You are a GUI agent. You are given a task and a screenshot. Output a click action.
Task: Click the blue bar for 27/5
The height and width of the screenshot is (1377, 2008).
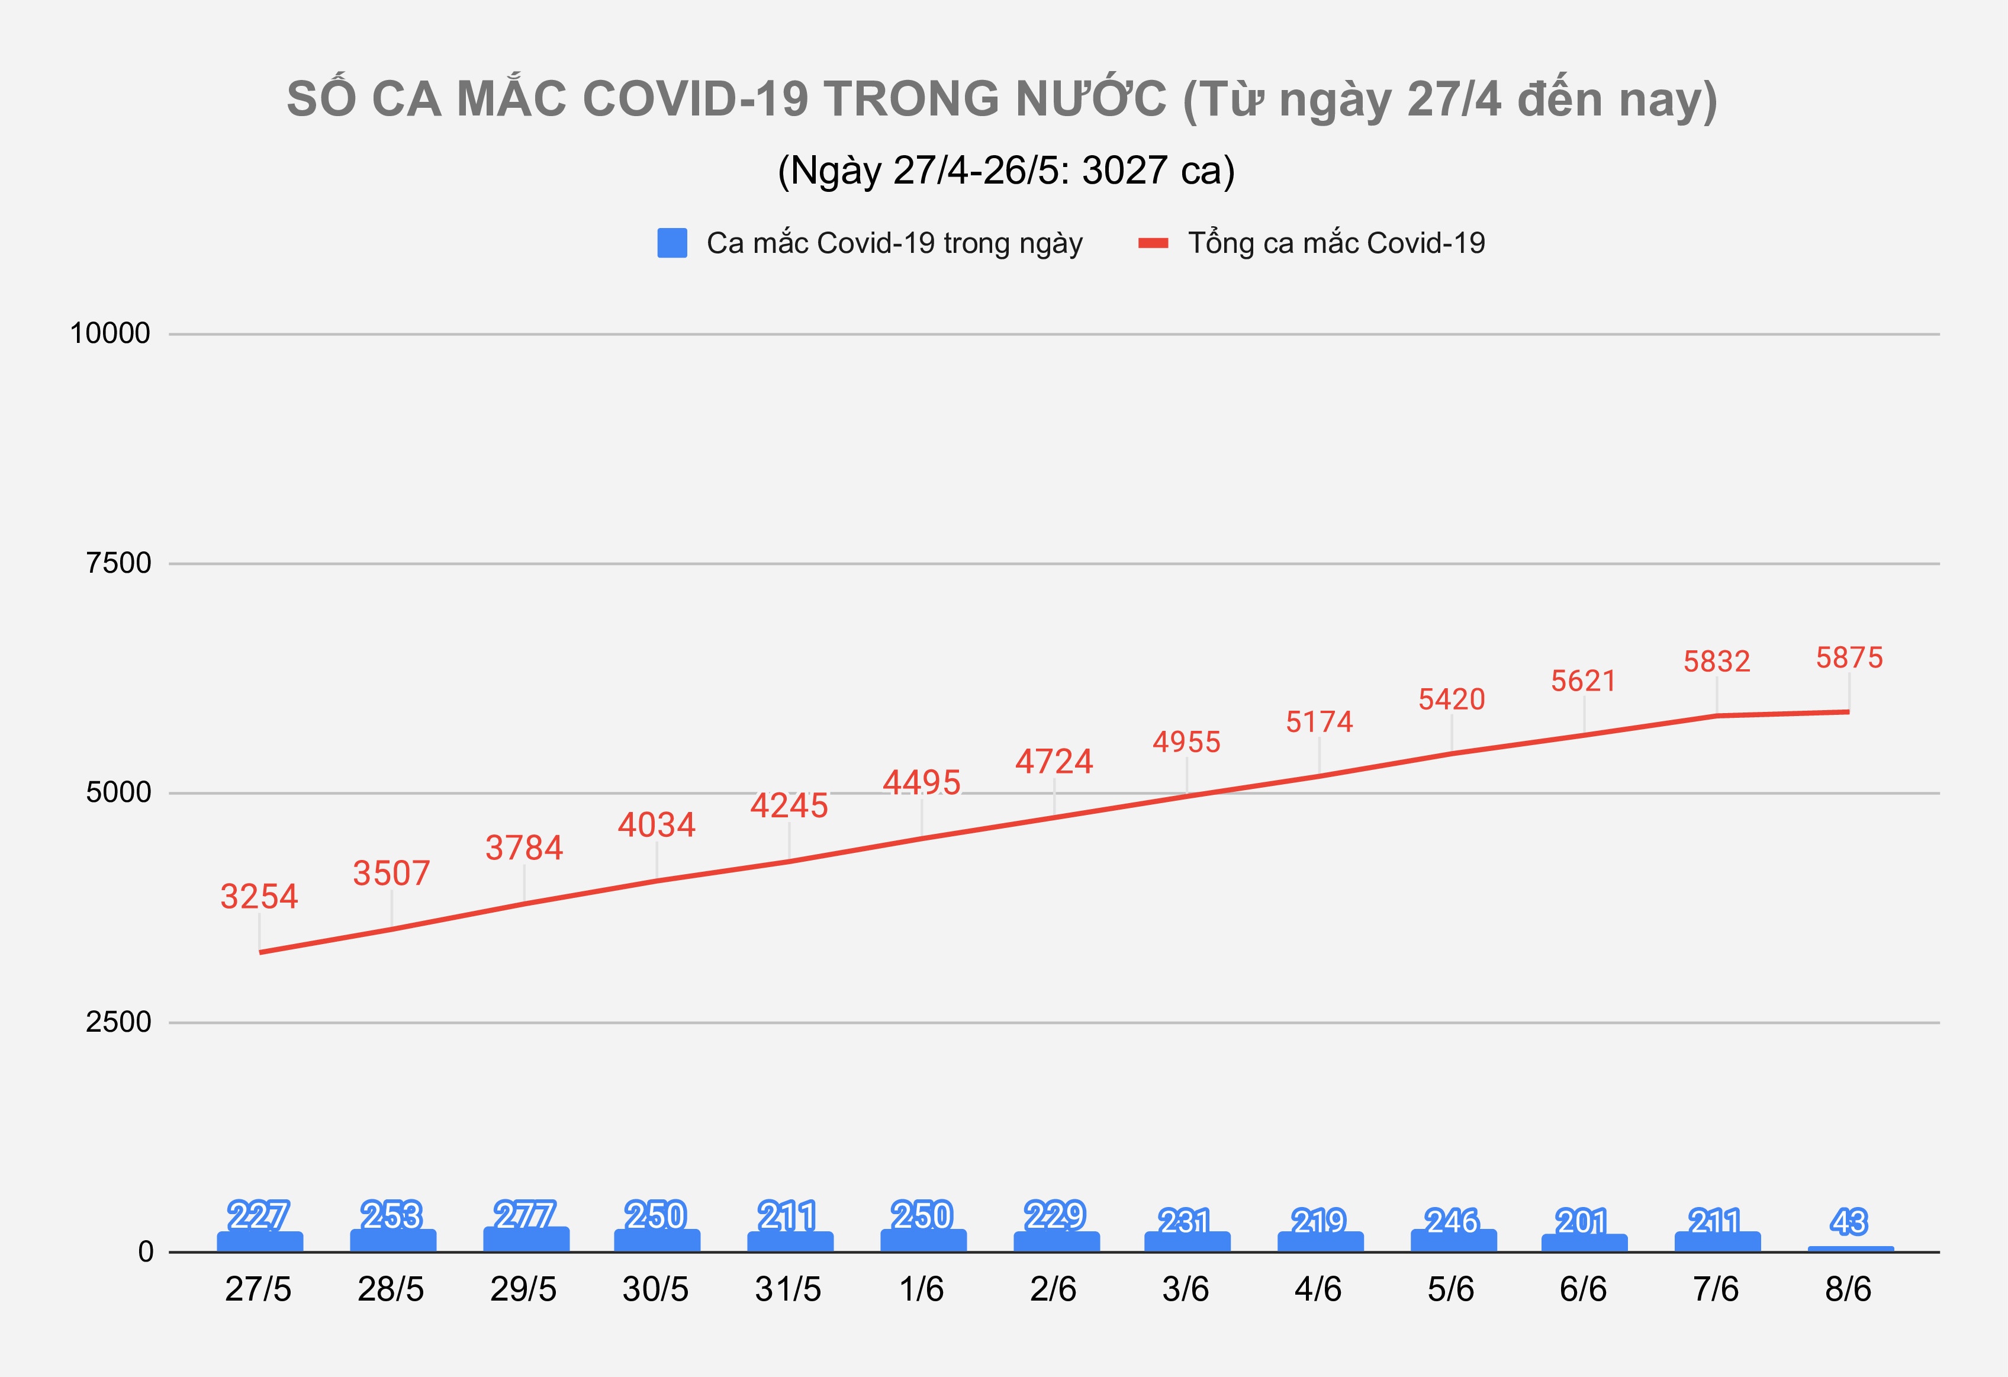[x=259, y=1241]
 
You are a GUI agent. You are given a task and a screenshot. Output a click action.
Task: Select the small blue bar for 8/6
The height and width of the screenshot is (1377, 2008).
[x=1849, y=1248]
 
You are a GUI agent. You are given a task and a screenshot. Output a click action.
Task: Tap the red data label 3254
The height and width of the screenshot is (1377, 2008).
[x=259, y=897]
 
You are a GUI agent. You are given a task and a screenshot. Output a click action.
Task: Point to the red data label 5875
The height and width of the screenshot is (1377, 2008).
[x=1849, y=658]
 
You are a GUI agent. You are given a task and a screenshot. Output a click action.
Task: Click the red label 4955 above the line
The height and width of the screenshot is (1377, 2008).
[x=1186, y=742]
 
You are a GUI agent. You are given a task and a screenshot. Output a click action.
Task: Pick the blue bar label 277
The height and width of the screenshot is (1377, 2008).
[x=524, y=1215]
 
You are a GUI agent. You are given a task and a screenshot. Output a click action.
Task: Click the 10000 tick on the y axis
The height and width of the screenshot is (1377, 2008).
[x=110, y=333]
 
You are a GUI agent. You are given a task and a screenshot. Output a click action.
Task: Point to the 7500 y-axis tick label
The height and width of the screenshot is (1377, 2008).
[x=118, y=564]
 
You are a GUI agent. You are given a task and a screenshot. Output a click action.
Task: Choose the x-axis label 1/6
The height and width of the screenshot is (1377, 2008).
[x=921, y=1290]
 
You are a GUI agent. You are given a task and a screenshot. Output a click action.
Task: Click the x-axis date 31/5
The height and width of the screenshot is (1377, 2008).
[x=788, y=1290]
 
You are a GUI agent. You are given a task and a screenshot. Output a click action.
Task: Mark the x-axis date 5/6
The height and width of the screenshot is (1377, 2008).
[x=1451, y=1290]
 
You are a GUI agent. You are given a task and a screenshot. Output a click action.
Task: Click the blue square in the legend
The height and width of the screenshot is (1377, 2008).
[x=672, y=243]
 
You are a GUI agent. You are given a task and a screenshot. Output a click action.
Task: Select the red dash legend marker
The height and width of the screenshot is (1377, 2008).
[x=1154, y=243]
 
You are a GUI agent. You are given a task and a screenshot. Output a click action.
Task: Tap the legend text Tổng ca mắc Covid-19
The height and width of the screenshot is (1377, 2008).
[x=1336, y=243]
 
